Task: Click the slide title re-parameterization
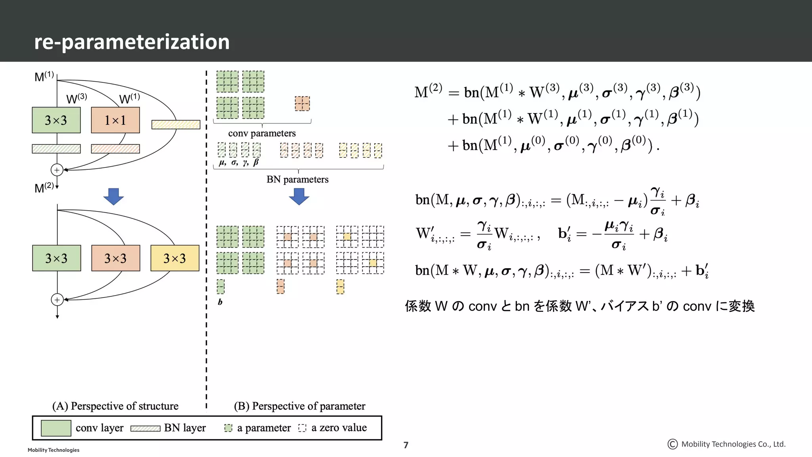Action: [132, 42]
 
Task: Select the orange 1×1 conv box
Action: [115, 120]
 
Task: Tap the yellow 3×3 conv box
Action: [175, 258]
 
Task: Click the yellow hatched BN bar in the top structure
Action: [176, 125]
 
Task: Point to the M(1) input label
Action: [44, 76]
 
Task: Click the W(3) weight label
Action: [77, 98]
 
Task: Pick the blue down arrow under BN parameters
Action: [299, 196]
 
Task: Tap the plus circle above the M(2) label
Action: [57, 170]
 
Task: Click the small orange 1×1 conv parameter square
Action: [302, 104]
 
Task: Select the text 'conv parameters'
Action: [262, 133]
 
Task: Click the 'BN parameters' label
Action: [297, 179]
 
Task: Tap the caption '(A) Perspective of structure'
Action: [115, 406]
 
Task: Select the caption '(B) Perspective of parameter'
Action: [299, 406]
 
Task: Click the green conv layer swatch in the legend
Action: [56, 428]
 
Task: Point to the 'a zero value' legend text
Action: [339, 428]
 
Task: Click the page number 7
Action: [406, 445]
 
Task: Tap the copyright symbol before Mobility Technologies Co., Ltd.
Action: [672, 444]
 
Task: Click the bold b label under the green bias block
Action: [220, 302]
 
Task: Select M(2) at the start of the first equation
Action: [428, 92]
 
